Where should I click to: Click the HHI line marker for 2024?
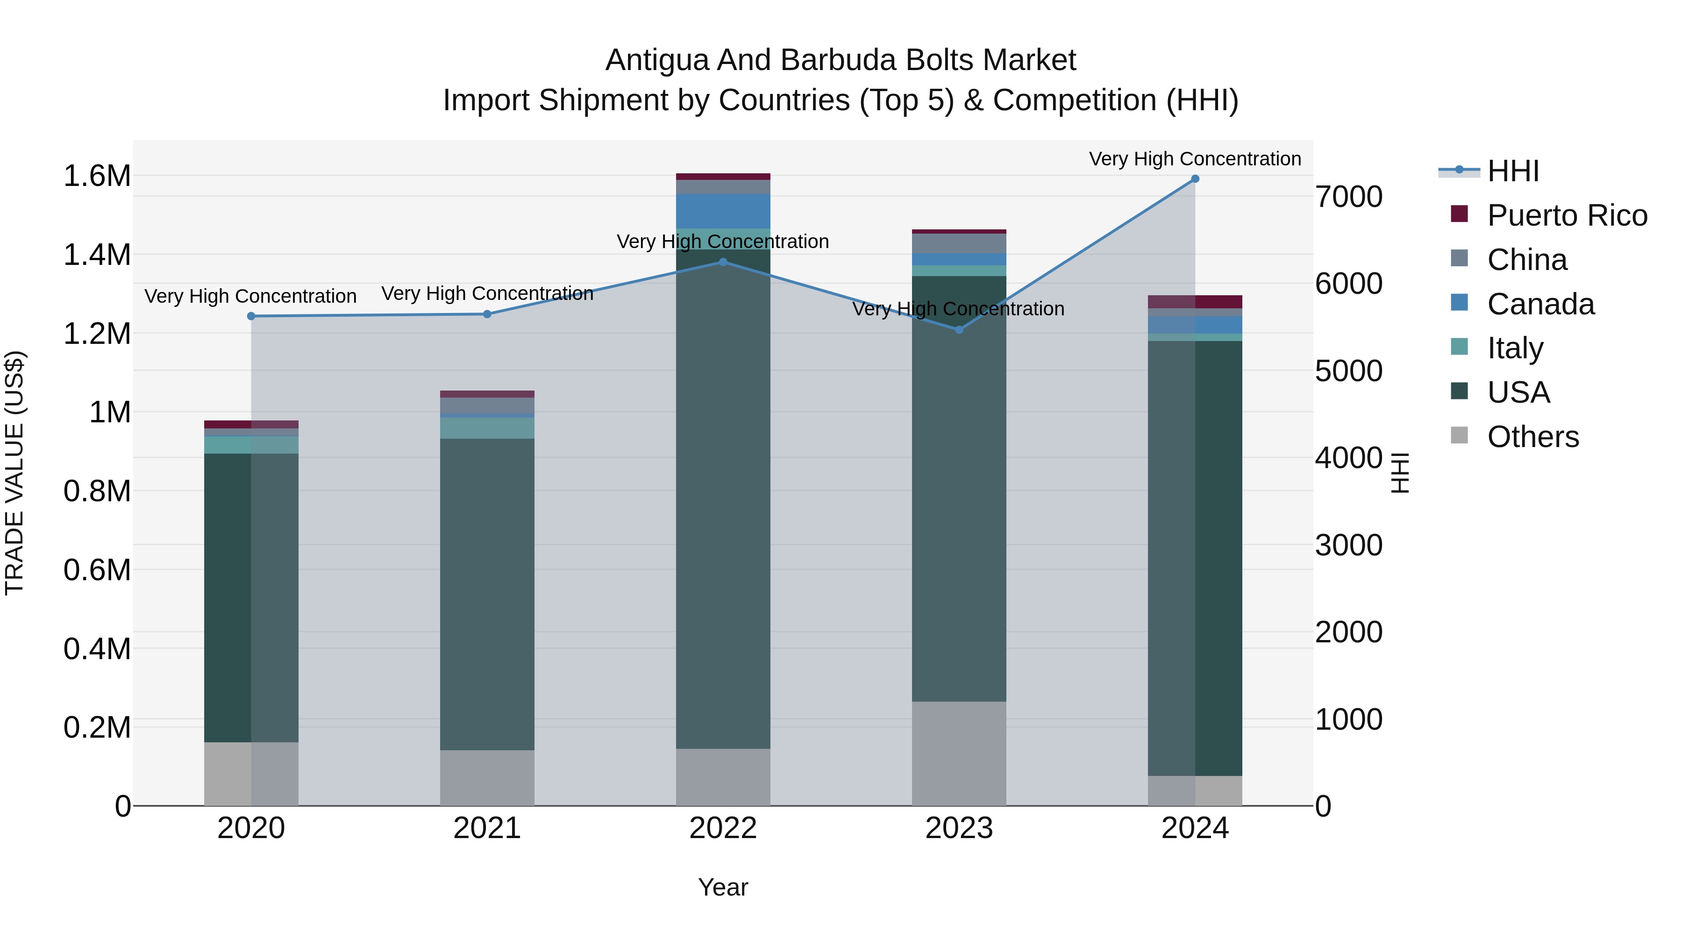pyautogui.click(x=1195, y=179)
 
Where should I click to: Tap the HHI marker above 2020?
pyautogui.click(x=251, y=316)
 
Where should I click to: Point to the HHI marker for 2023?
pyautogui.click(x=959, y=330)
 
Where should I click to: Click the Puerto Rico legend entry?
pyautogui.click(x=1567, y=215)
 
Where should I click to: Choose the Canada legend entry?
pyautogui.click(x=1540, y=304)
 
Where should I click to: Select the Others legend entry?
pyautogui.click(x=1532, y=437)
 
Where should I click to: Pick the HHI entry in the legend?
pyautogui.click(x=1513, y=171)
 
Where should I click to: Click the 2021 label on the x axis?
pyautogui.click(x=487, y=828)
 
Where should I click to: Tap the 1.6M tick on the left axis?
pyautogui.click(x=97, y=176)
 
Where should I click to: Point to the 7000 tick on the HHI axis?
pyautogui.click(x=1348, y=197)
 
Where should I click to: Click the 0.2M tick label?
pyautogui.click(x=97, y=727)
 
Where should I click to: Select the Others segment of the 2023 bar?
pyautogui.click(x=959, y=754)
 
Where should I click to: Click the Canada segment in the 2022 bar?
pyautogui.click(x=723, y=211)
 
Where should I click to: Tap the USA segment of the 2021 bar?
pyautogui.click(x=487, y=594)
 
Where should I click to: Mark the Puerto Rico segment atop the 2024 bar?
pyautogui.click(x=1195, y=302)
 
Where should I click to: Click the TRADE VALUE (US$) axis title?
pyautogui.click(x=14, y=473)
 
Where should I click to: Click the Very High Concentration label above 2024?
pyautogui.click(x=1195, y=159)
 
